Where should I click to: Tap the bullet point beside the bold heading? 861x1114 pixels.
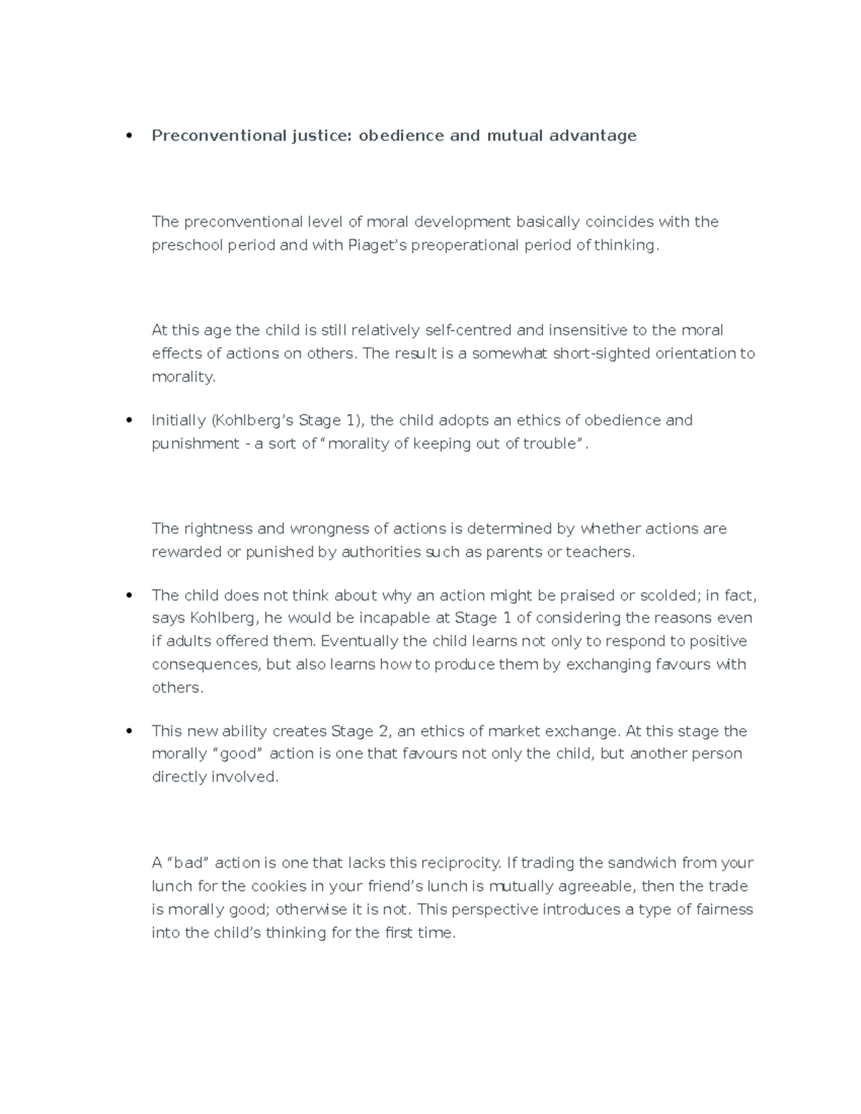129,136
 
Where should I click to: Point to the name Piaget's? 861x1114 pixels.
378,245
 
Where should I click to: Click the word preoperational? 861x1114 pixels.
462,245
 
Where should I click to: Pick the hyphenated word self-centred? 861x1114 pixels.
469,330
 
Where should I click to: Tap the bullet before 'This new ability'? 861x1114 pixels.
129,732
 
